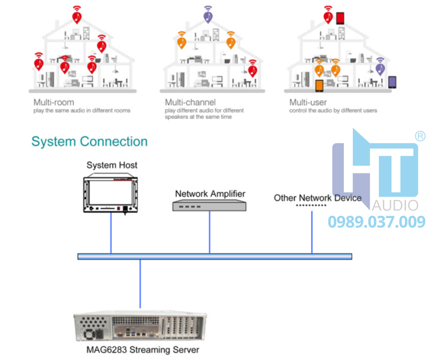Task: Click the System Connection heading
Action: click(89, 141)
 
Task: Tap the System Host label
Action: click(112, 165)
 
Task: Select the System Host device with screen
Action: click(111, 194)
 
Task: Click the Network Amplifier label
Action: click(210, 194)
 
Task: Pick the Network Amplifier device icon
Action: click(210, 206)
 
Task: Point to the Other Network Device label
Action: click(317, 198)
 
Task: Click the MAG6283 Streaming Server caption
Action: click(139, 350)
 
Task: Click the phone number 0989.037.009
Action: click(377, 222)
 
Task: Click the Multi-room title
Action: click(54, 103)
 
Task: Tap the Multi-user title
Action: click(308, 103)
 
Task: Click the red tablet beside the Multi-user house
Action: click(340, 19)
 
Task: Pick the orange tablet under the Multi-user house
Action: click(319, 86)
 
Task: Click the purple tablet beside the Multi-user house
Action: click(392, 82)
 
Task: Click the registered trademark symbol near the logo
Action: click(419, 136)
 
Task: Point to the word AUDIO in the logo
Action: click(394, 205)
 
